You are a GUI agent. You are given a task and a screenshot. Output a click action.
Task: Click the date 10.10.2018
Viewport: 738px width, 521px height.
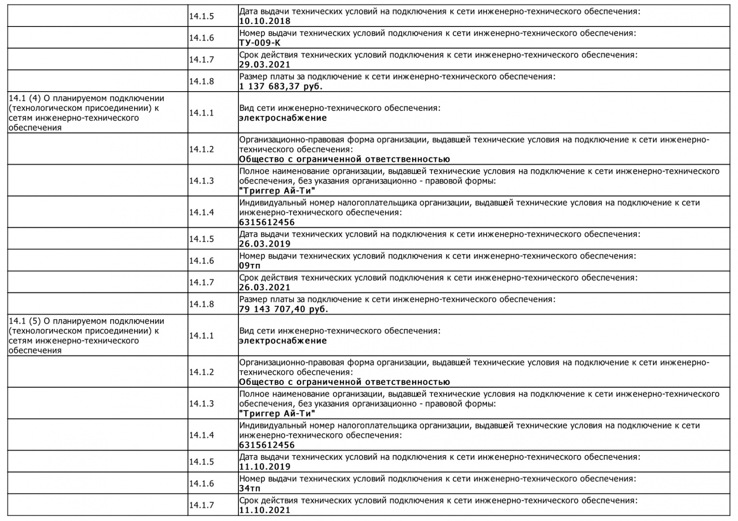[x=265, y=21]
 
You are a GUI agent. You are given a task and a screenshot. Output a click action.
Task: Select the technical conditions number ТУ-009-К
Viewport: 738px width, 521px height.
[x=260, y=43]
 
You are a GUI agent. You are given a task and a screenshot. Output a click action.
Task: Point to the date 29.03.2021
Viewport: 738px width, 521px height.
[x=265, y=65]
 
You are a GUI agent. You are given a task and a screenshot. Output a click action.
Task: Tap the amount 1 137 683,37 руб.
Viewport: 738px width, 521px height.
[x=281, y=86]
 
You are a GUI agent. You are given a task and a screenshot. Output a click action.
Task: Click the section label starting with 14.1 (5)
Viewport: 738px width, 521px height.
[x=86, y=336]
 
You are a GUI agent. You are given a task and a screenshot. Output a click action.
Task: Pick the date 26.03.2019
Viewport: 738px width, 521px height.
[x=265, y=244]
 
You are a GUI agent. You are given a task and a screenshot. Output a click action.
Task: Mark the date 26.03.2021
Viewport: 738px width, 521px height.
[x=265, y=288]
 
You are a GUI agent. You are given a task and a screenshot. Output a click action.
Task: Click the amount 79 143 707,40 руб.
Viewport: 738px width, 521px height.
[x=284, y=309]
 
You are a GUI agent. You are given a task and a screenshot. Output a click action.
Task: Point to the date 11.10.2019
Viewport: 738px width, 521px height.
[x=265, y=467]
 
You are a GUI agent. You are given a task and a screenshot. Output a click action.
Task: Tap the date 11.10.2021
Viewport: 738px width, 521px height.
[x=265, y=510]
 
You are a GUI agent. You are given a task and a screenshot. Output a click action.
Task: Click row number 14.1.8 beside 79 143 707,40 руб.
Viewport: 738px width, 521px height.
[x=201, y=304]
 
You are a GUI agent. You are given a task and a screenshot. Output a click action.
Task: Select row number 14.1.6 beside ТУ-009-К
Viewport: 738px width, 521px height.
[x=201, y=38]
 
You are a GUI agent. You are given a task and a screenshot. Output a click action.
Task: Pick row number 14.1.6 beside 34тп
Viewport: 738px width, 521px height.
[x=201, y=484]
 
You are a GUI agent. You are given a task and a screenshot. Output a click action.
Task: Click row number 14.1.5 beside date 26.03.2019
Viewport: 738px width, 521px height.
[x=201, y=239]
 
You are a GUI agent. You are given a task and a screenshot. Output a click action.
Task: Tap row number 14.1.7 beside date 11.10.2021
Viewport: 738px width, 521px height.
[x=201, y=506]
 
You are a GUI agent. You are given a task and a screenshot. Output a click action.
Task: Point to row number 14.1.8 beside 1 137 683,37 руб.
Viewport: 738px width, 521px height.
[x=201, y=82]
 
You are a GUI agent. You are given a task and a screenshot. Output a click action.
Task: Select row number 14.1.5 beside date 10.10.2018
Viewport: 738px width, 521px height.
[x=201, y=16]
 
